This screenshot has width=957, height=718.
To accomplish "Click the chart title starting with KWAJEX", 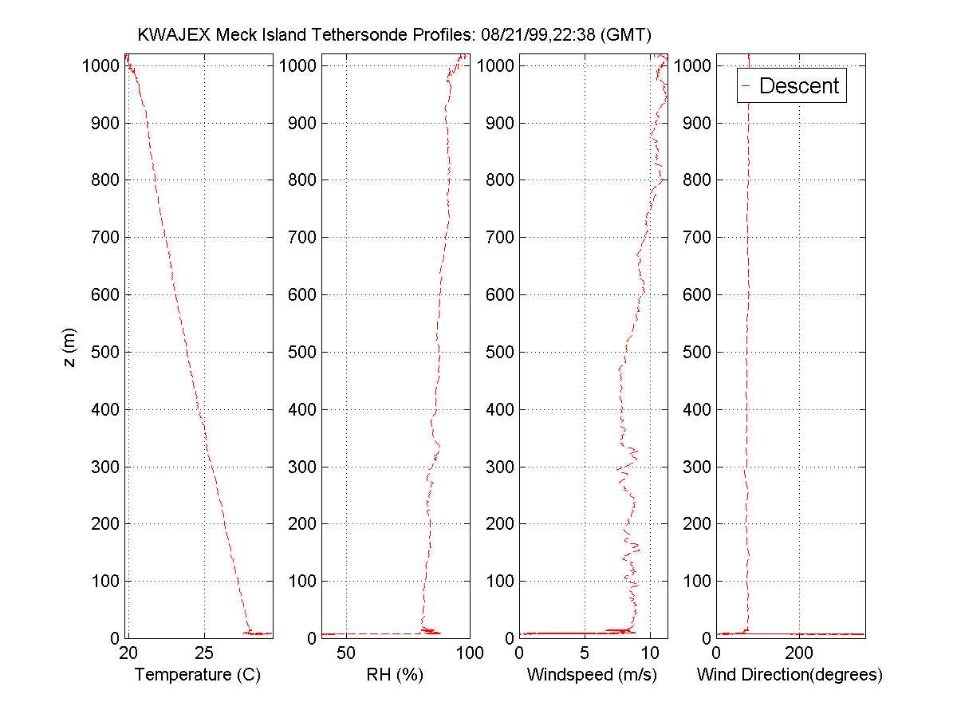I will [x=394, y=35].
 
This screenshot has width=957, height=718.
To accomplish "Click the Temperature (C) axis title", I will [x=198, y=675].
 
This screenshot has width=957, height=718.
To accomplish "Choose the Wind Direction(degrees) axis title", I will [x=790, y=675].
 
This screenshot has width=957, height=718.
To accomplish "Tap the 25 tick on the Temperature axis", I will [x=204, y=653].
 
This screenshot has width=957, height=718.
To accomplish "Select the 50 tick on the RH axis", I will [x=346, y=653].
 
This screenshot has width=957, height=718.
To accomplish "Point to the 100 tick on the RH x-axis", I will [x=469, y=653].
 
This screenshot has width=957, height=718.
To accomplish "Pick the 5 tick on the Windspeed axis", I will [x=585, y=653].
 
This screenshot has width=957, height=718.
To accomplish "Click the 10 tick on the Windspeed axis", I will [x=650, y=653].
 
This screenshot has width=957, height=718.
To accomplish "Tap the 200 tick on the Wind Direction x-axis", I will [x=799, y=653].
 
